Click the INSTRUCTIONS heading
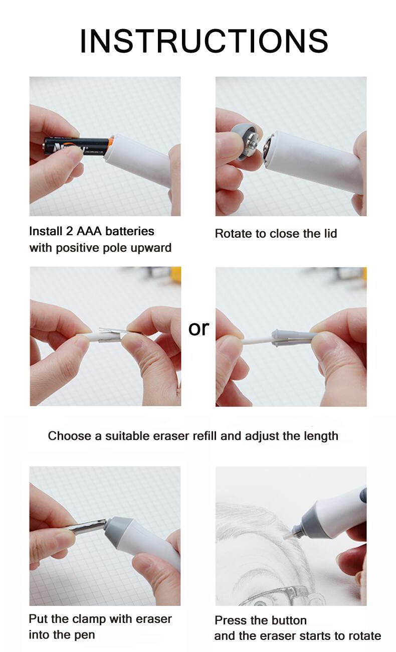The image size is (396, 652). coord(204,41)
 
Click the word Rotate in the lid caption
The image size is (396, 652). coord(234,234)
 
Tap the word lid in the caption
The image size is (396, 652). coord(330,233)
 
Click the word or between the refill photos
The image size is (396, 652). coord(199,329)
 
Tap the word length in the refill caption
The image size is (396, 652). coord(321,436)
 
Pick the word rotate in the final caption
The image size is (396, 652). coord(364,636)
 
